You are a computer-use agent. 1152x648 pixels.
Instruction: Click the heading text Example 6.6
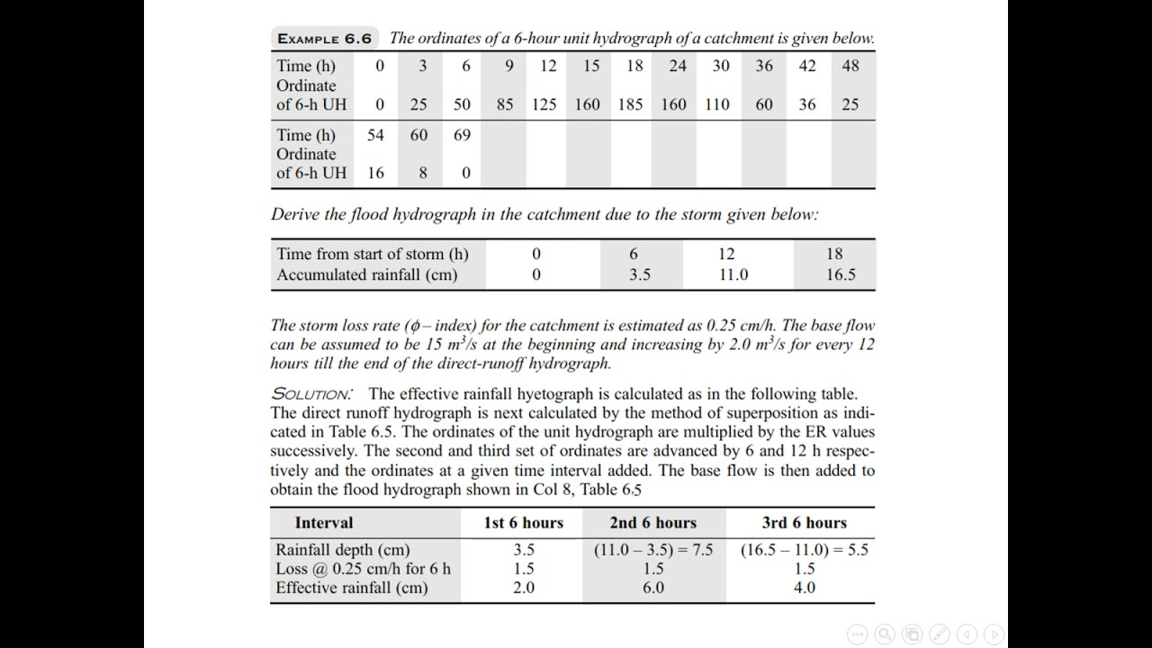click(324, 39)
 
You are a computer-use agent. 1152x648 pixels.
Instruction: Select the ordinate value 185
click(630, 104)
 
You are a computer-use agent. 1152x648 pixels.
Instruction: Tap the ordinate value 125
click(544, 104)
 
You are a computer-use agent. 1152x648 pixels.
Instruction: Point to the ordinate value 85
click(505, 104)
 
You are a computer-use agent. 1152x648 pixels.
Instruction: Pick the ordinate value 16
click(375, 173)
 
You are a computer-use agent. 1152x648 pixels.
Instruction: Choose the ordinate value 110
click(717, 104)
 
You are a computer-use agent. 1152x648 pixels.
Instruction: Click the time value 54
click(375, 135)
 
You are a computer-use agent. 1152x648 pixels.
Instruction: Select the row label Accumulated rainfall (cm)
click(366, 274)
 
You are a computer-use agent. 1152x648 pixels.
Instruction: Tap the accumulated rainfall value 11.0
click(733, 274)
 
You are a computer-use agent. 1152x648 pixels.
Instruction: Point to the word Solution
click(311, 394)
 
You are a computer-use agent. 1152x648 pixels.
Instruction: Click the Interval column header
click(324, 523)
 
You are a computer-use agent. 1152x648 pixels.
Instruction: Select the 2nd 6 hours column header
click(652, 523)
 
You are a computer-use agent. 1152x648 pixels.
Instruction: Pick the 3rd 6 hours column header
click(804, 523)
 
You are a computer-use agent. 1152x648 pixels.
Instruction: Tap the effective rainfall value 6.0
click(652, 588)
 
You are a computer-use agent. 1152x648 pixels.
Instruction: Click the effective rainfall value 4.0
click(804, 588)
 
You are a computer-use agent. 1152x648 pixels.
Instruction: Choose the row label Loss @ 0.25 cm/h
click(363, 569)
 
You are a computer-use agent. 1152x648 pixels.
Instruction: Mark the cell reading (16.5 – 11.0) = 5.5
click(804, 550)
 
